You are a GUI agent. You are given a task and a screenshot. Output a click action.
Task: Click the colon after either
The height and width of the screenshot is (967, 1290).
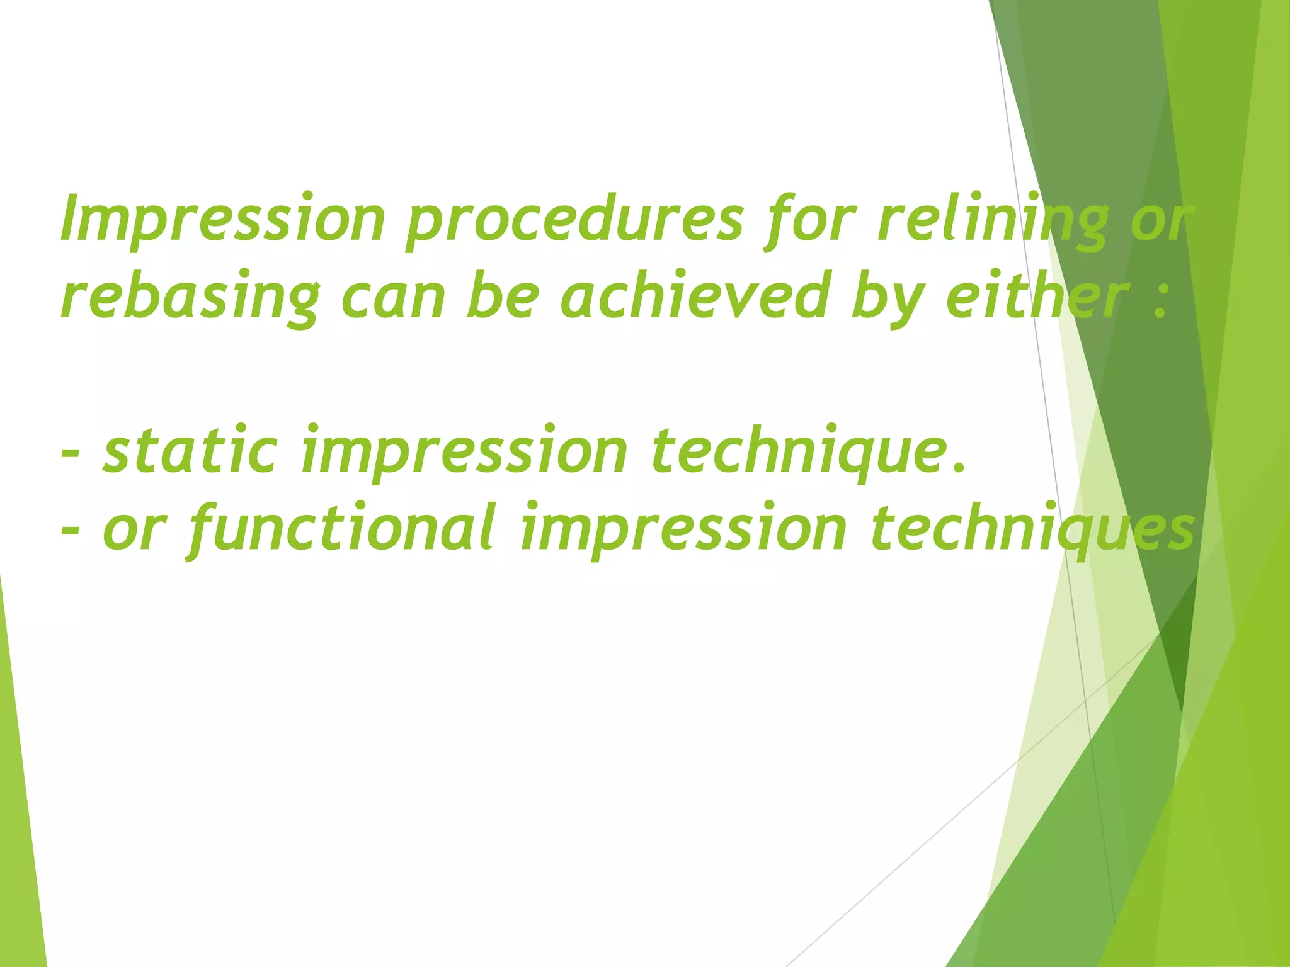[x=1160, y=301]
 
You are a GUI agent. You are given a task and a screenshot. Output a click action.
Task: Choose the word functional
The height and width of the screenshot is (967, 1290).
[x=340, y=529]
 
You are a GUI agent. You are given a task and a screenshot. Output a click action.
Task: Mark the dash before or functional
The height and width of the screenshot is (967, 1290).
[x=71, y=533]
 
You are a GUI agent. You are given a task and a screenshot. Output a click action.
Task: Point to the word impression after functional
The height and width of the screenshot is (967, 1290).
[x=683, y=529]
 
